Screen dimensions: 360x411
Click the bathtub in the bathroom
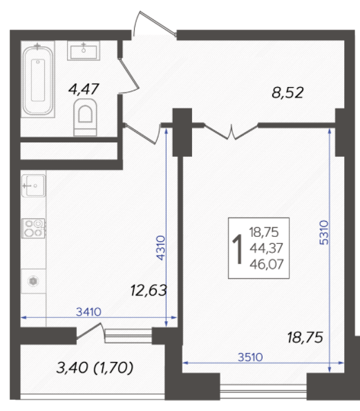38,80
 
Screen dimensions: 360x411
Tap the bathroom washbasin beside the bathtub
84,50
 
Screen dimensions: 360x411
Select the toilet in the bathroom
85,117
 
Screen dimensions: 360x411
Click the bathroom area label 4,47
84,89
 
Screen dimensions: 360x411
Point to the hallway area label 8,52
287,93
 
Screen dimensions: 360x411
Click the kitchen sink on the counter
33,186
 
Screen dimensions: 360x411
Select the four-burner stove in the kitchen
33,229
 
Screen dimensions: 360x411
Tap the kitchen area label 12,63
149,290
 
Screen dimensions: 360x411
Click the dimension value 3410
88,312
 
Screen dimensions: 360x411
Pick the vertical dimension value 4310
161,248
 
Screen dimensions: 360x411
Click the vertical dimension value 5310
324,233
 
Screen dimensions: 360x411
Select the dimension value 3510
250,357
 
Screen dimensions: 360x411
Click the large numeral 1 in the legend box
238,249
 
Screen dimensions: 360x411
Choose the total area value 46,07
267,264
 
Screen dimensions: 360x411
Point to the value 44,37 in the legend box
266,248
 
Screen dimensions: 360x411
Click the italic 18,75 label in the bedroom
305,337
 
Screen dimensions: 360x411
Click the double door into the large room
231,131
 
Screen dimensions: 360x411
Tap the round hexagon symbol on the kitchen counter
33,281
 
